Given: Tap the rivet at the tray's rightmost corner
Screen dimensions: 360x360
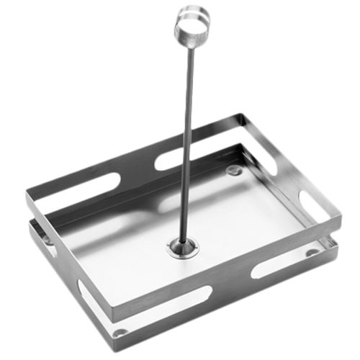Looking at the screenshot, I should tap(312, 253).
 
